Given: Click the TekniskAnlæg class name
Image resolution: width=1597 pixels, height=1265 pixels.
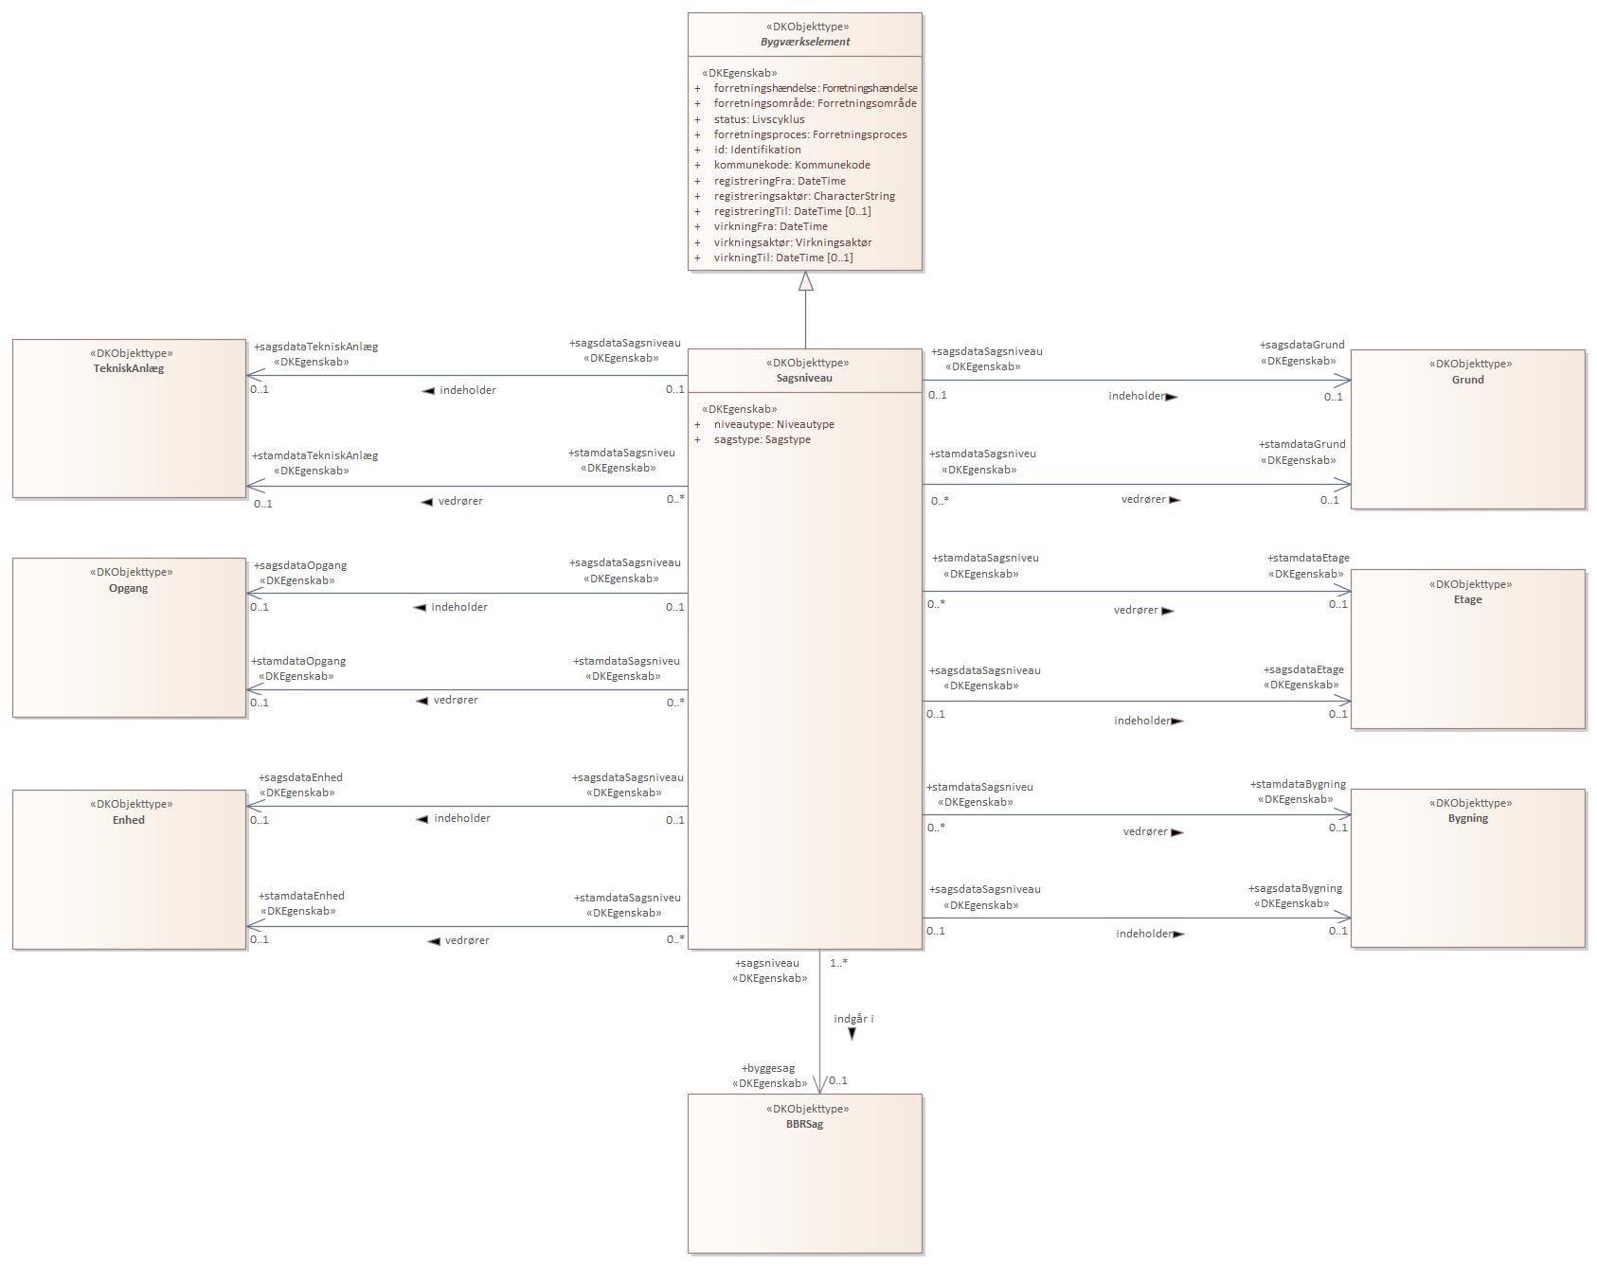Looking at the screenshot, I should [x=129, y=368].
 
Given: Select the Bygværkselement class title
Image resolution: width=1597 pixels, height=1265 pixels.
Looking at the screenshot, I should [x=805, y=42].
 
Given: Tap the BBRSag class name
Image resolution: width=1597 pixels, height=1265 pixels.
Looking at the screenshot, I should [x=804, y=1124].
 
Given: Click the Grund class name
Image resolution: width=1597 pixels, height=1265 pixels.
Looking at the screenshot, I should [x=1467, y=380].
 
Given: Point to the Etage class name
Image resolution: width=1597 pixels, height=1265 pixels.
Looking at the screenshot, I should [x=1467, y=599].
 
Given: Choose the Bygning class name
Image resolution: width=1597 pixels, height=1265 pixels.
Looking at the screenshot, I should [x=1467, y=818].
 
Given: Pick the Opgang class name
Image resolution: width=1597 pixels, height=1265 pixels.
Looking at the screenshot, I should [x=129, y=588].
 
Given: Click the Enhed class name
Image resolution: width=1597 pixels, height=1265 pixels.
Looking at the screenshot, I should [x=129, y=820].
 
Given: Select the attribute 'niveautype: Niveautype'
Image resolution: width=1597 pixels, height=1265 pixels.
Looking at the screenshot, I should [x=774, y=424].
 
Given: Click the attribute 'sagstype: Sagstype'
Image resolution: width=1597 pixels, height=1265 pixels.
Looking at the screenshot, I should [x=762, y=439].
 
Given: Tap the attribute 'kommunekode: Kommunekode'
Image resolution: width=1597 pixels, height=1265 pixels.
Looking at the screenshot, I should [x=792, y=165].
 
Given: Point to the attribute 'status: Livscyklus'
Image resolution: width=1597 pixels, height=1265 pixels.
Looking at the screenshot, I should [x=759, y=119].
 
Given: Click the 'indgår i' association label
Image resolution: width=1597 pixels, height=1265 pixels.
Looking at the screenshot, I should [x=853, y=1019].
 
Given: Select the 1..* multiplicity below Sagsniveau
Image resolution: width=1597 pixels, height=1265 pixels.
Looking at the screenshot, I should [x=838, y=963].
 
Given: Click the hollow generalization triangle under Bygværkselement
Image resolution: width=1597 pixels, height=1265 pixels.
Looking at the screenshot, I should [x=806, y=281].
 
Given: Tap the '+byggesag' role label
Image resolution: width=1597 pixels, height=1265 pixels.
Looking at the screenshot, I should [x=768, y=1068].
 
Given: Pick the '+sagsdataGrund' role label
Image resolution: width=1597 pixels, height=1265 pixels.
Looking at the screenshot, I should [x=1301, y=345].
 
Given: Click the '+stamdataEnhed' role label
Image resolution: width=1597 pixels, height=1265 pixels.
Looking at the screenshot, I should [x=301, y=896].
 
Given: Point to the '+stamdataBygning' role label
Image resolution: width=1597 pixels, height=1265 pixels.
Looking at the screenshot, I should [x=1298, y=784].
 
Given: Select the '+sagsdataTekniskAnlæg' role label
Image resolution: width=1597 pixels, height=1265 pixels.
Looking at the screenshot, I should [x=315, y=347].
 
